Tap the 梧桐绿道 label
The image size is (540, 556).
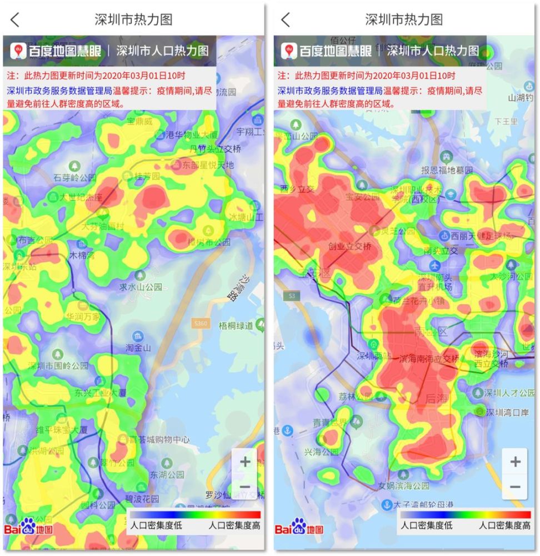236,325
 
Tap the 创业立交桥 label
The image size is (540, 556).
349,246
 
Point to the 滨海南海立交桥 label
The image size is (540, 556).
429,359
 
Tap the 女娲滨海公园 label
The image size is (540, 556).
403,485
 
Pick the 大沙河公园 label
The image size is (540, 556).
511,276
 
